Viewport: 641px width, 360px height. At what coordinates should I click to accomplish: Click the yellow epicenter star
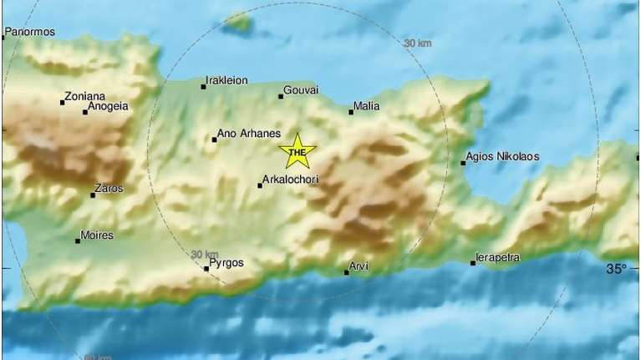[297, 151]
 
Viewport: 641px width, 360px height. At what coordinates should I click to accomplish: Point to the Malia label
[367, 106]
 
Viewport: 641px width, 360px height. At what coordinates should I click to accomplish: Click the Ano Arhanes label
[242, 132]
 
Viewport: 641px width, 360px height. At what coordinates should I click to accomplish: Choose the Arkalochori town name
[290, 179]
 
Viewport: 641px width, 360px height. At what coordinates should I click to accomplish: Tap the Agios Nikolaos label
[502, 156]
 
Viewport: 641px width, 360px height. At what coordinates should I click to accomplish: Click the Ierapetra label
[498, 257]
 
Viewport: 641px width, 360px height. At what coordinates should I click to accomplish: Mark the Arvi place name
[360, 266]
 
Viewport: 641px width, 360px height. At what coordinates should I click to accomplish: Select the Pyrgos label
[226, 262]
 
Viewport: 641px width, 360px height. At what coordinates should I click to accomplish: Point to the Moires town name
[96, 236]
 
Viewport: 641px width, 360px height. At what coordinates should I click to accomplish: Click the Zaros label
[109, 189]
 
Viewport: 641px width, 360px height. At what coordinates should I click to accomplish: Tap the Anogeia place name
[109, 106]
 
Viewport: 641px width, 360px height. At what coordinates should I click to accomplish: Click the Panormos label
[30, 33]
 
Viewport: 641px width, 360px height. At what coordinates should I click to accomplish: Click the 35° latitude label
[616, 269]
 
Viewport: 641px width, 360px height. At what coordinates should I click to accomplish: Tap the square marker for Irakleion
[203, 86]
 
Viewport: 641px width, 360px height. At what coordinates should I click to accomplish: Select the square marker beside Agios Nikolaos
[463, 163]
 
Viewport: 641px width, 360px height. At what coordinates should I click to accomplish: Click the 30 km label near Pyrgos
[205, 254]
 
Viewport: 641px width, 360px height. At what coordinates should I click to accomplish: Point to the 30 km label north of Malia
[416, 43]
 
